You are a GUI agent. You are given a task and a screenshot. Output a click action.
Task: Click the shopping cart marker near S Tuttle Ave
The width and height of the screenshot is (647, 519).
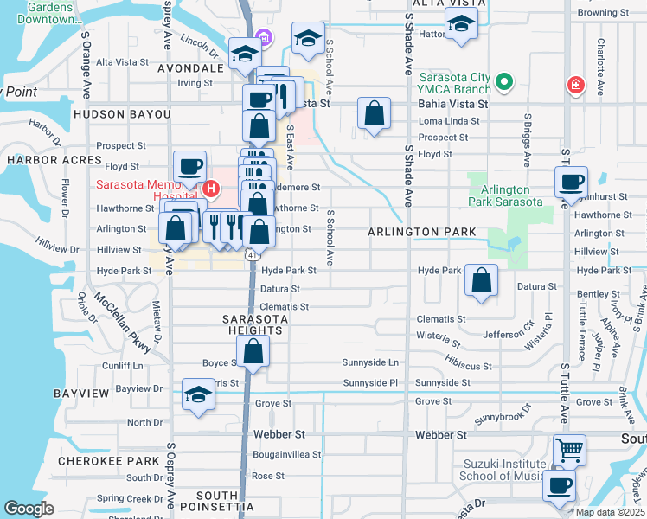click(x=569, y=450)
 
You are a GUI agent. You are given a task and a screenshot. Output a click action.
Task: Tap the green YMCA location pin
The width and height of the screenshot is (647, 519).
click(x=503, y=84)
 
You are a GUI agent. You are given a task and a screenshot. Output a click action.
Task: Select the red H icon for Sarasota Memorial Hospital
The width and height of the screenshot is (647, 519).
click(x=210, y=189)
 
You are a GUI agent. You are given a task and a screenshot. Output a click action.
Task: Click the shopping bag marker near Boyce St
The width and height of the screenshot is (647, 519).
click(x=253, y=351)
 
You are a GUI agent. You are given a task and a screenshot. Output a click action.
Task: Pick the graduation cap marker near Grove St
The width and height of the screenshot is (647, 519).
click(x=198, y=394)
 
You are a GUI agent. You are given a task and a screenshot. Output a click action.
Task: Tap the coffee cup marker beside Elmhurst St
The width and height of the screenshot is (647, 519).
click(x=571, y=183)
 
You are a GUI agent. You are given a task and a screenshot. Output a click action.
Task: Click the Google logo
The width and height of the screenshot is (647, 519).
click(x=29, y=509)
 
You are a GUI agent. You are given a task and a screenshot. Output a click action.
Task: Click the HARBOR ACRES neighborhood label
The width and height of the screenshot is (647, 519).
click(x=43, y=160)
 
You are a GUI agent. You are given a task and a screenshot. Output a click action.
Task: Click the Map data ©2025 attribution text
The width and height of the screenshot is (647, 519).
click(x=611, y=512)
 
